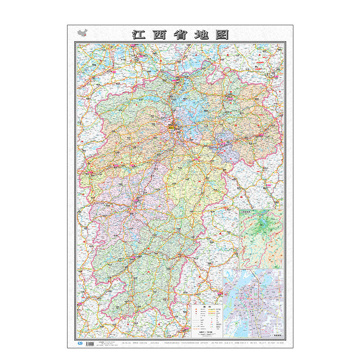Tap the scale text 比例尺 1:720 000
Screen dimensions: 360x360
pos(207,332)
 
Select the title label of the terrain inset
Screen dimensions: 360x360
pos(248,212)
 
